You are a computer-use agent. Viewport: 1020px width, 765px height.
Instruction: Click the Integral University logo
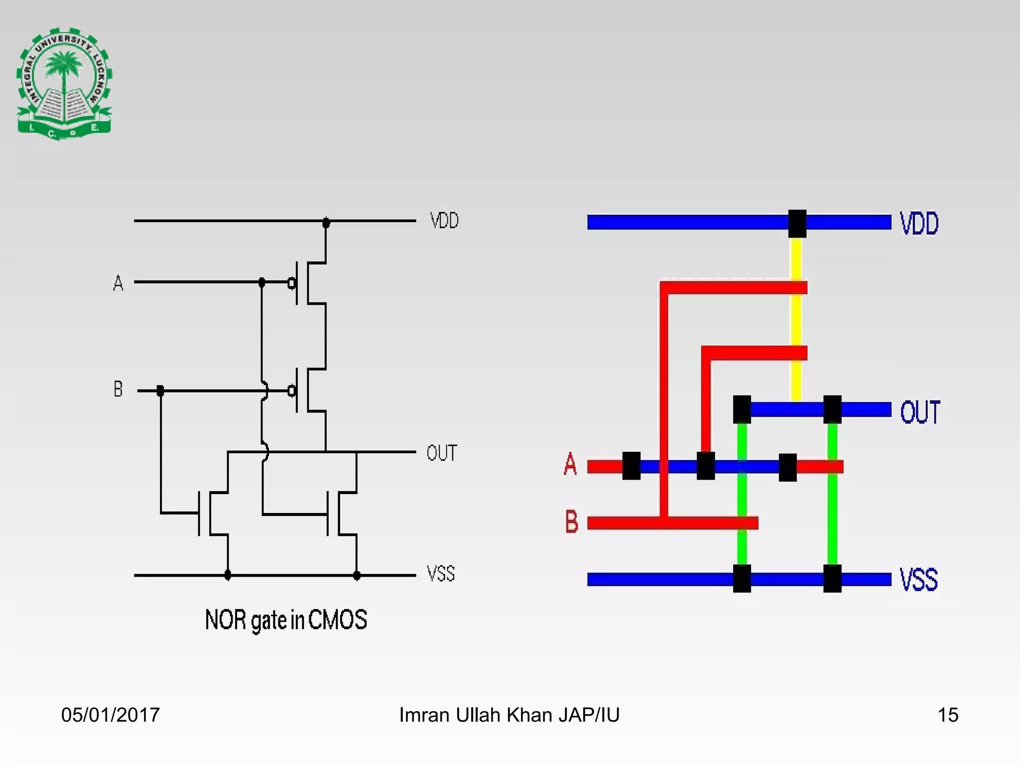click(x=64, y=84)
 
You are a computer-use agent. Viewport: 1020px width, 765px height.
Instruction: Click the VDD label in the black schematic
click(x=444, y=221)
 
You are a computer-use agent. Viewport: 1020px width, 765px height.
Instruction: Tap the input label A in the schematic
click(x=118, y=283)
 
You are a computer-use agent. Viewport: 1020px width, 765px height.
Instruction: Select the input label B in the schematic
click(x=118, y=389)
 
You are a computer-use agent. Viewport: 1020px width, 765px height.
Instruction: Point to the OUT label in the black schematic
click(x=442, y=453)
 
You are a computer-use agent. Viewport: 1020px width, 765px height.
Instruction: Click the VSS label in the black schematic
click(x=441, y=574)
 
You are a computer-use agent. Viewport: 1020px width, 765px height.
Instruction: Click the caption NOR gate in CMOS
click(x=286, y=620)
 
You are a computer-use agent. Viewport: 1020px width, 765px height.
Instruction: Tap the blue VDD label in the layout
click(x=919, y=223)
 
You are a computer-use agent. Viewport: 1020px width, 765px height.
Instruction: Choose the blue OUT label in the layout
click(x=920, y=412)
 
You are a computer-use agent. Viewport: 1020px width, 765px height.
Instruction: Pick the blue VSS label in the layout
click(x=919, y=579)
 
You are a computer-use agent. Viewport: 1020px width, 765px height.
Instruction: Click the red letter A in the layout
click(x=571, y=464)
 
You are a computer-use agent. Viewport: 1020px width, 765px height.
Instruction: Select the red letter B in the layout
click(x=572, y=521)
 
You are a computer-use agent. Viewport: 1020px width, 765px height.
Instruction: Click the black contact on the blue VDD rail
click(x=797, y=224)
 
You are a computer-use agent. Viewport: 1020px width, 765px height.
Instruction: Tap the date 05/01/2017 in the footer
click(x=111, y=715)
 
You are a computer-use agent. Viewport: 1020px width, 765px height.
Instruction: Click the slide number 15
click(x=948, y=715)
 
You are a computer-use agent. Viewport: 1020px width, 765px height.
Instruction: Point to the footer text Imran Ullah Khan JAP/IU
click(x=510, y=715)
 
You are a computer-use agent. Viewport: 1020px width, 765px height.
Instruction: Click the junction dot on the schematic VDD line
click(x=326, y=223)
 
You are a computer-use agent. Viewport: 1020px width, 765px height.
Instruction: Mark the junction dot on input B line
click(x=160, y=391)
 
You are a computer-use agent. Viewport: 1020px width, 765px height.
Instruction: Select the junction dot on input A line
click(x=262, y=282)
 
